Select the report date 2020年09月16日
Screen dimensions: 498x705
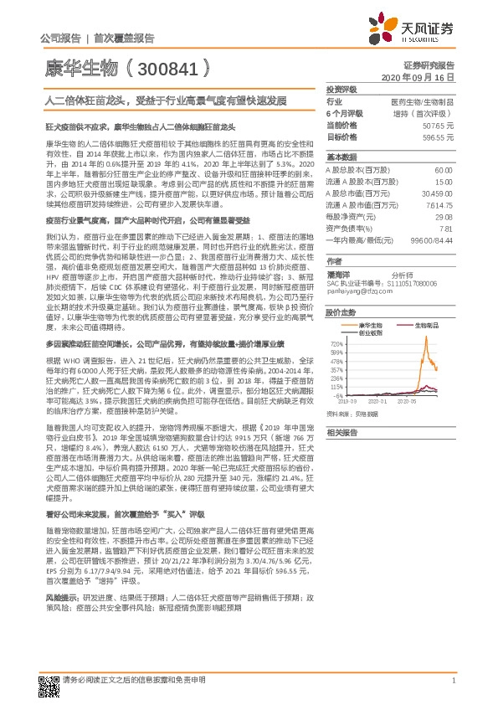pos(418,76)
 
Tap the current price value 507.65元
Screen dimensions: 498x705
pos(439,124)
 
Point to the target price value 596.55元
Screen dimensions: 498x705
pos(439,136)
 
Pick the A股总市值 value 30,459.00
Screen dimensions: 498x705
pos(437,193)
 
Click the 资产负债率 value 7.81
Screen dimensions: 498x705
pos(445,228)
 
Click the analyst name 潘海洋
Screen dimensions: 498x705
pos(337,273)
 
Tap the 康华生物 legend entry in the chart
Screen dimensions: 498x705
pos(369,323)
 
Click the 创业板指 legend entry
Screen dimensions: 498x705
pos(369,332)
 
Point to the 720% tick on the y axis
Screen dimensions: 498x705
pos(336,343)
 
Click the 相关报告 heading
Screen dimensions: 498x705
pos(341,432)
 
